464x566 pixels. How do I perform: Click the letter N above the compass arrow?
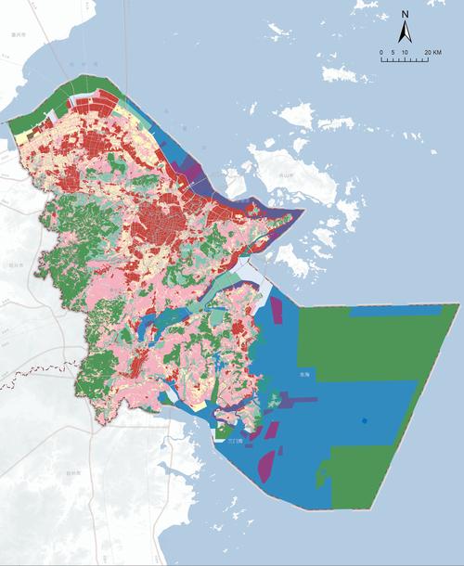(406, 15)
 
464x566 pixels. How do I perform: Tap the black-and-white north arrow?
(406, 32)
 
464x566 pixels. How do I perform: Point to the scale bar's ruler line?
(405, 59)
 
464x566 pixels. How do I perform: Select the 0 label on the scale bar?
(381, 52)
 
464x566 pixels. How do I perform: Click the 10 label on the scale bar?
(406, 52)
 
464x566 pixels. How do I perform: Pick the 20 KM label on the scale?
(432, 52)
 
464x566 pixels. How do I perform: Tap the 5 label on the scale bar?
(393, 52)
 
